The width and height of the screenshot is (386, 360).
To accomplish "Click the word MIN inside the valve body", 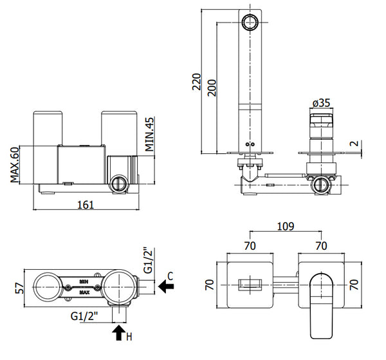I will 84,281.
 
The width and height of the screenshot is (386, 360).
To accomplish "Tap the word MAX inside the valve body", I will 84,292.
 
